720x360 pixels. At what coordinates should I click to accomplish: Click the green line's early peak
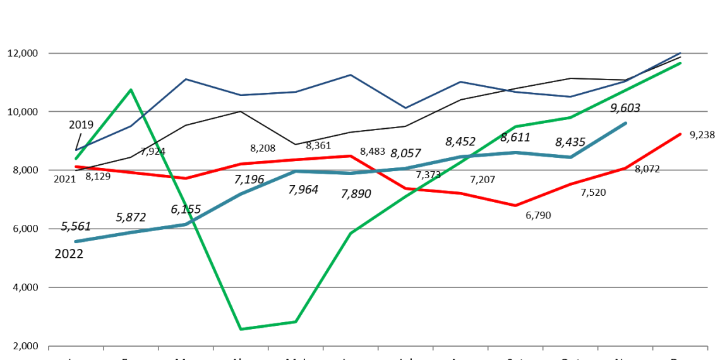tap(131, 90)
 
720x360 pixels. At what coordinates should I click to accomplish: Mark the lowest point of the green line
tap(241, 329)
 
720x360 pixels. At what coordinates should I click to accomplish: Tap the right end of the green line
tap(681, 63)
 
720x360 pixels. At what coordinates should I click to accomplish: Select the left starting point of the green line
tap(76, 159)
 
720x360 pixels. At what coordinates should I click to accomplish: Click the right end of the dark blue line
tap(681, 52)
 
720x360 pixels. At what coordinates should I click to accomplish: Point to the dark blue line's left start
tap(76, 150)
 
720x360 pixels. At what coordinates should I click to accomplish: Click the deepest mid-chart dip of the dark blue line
tap(405, 108)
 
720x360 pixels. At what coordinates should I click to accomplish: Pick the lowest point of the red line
tap(515, 205)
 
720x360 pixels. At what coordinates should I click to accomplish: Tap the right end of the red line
tap(681, 134)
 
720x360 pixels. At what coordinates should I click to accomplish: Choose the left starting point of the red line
tap(76, 167)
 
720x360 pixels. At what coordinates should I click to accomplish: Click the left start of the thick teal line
tap(76, 241)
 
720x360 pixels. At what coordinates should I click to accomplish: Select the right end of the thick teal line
tap(626, 123)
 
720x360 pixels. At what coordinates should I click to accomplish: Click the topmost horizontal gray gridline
tap(379, 53)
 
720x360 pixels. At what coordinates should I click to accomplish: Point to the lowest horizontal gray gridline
tap(379, 287)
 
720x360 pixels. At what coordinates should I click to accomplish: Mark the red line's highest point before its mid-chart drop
tap(351, 155)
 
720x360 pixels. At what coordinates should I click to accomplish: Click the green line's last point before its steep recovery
tap(296, 322)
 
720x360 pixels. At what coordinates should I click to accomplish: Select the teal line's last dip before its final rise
tap(570, 157)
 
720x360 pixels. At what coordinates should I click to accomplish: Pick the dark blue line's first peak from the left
tap(186, 79)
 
